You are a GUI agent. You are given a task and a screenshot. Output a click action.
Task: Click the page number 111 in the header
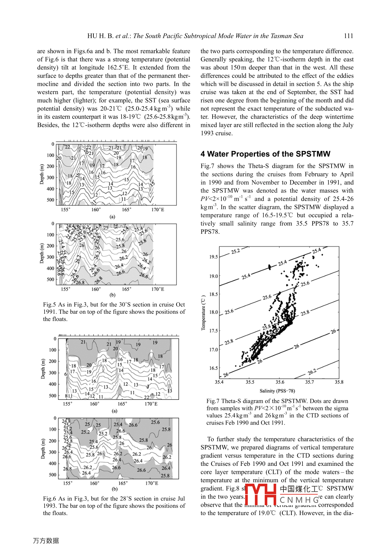[x=348, y=36]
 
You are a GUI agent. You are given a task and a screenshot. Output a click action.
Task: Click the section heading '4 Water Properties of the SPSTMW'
[x=265, y=154]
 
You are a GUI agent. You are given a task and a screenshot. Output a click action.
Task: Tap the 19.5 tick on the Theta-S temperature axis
[x=213, y=257]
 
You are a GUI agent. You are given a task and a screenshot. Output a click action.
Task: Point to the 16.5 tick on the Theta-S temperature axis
[x=213, y=368]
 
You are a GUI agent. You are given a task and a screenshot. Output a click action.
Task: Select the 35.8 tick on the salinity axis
[x=339, y=382]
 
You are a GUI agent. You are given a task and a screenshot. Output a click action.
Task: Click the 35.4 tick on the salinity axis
[x=219, y=382]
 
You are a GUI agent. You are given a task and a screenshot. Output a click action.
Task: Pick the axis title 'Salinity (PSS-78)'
[x=277, y=391]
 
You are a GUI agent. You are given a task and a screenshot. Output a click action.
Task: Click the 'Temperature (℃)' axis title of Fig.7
[x=204, y=313]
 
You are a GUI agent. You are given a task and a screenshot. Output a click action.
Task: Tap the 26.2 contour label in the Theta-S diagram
[x=312, y=372]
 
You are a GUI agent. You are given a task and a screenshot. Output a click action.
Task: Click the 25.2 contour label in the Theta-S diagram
[x=236, y=251]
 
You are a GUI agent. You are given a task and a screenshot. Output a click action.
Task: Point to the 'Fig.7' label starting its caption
[x=213, y=401]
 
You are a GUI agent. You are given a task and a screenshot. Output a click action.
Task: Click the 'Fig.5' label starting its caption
[x=49, y=305]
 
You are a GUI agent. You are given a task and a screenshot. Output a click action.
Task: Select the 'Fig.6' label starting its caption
[x=49, y=499]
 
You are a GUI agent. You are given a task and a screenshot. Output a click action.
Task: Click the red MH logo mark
[x=260, y=494]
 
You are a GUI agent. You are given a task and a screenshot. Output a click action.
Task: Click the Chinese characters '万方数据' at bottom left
[x=46, y=541]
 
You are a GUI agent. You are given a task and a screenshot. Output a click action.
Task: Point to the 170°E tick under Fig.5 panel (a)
[x=158, y=209]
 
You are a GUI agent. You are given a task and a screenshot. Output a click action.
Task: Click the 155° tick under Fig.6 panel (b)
[x=67, y=483]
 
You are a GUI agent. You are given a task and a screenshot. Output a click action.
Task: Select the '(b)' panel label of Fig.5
[x=112, y=295]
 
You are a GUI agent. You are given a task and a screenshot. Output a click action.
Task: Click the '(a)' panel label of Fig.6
[x=115, y=411]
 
